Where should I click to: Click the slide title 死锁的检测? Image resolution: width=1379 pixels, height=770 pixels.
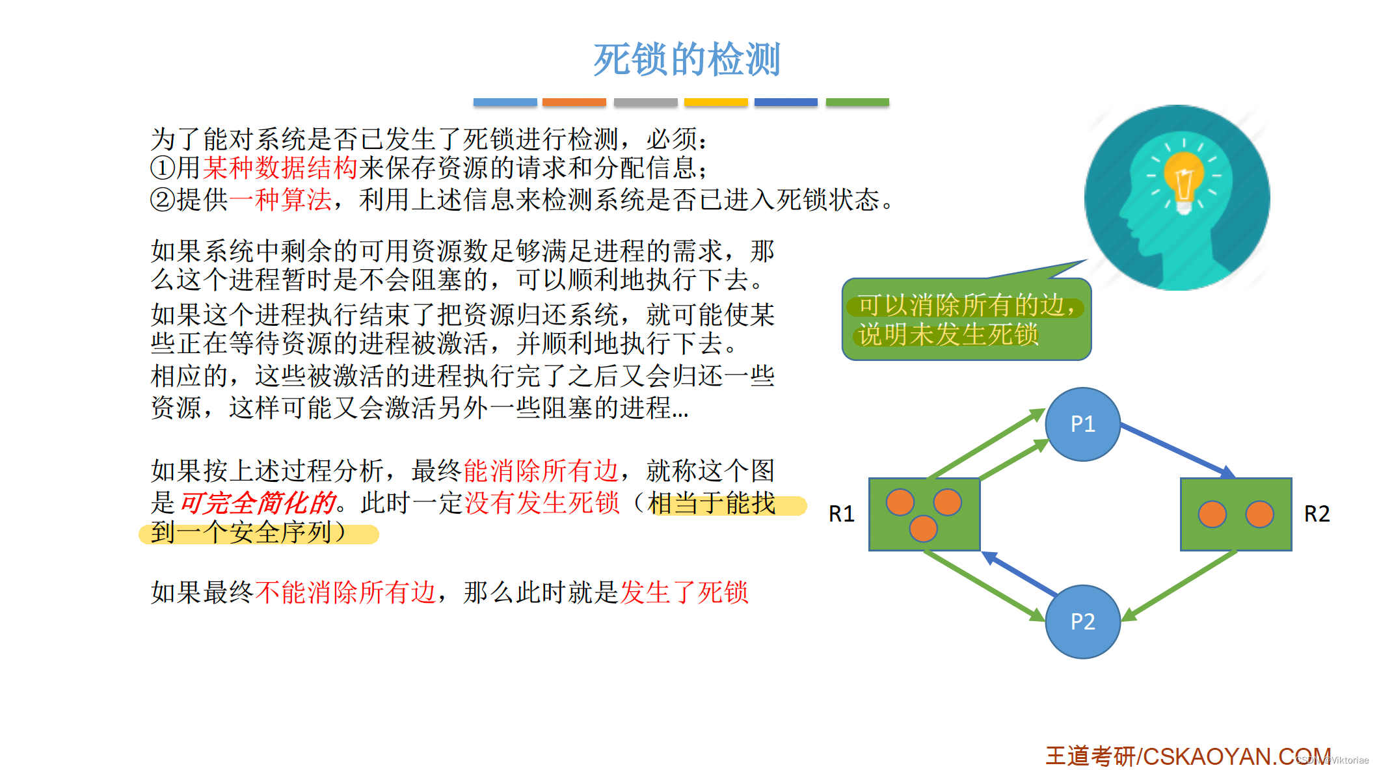point(686,60)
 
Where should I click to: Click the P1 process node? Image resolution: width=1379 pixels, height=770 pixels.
point(1082,424)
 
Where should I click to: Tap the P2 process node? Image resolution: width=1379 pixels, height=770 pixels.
point(1082,622)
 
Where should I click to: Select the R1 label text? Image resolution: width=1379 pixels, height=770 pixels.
point(841,514)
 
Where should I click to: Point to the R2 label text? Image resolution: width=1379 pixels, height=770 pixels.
point(1317,514)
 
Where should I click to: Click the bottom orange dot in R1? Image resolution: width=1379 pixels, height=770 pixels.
point(923,529)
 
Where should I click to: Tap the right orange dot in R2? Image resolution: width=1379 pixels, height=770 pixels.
point(1259,514)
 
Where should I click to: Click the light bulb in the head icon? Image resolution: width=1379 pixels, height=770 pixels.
point(1184,179)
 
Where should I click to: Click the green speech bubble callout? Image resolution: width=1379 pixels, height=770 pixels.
point(966,319)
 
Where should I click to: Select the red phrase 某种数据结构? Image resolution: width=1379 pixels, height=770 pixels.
point(280,168)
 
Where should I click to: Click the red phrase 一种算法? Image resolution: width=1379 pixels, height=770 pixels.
point(280,200)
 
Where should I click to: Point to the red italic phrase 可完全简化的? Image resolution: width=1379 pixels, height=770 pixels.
point(258,503)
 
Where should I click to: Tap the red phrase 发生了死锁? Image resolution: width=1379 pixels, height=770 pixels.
point(684,592)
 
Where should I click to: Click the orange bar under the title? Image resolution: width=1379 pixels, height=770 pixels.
point(574,102)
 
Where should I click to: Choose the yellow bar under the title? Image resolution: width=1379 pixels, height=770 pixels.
point(716,102)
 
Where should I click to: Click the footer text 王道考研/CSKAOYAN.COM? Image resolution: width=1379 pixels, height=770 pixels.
point(1187,756)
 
